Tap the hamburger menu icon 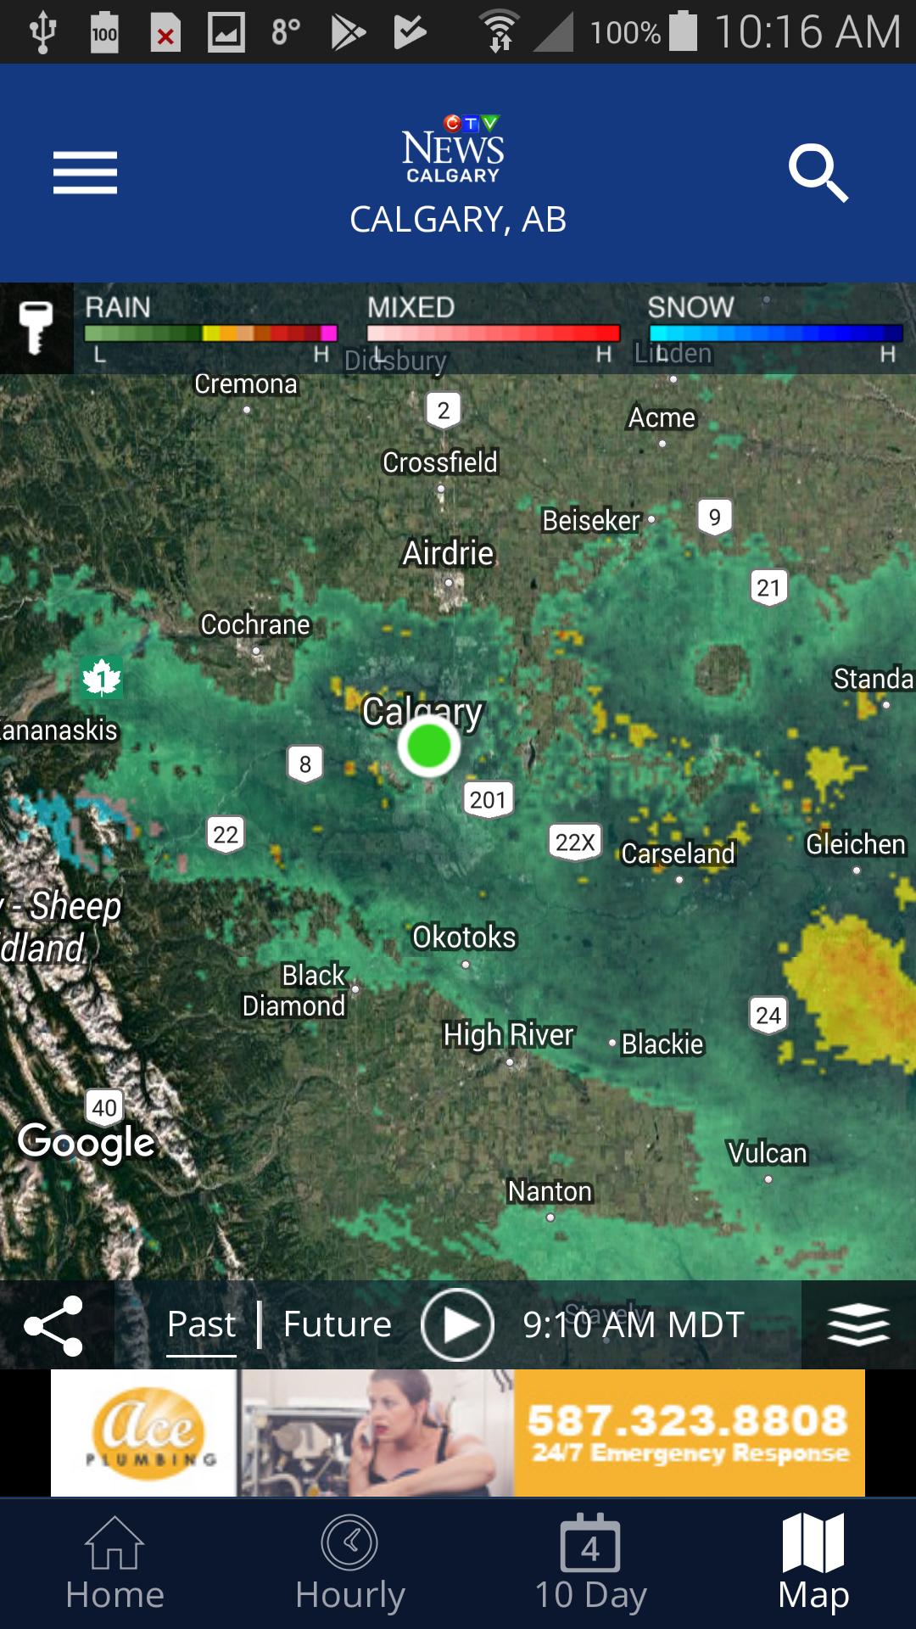coord(85,173)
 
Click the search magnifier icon coord(817,173)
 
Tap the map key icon coord(36,327)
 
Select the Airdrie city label coord(448,553)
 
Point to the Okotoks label coord(464,938)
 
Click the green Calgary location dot coord(428,747)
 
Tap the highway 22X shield coord(575,842)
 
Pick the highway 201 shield coord(488,799)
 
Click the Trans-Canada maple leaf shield coord(102,679)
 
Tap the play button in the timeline coord(457,1324)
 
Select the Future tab coord(338,1324)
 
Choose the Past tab coord(201,1324)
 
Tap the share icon coord(53,1325)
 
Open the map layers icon coord(858,1324)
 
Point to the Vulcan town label coord(768,1153)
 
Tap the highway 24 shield coord(768,1015)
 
